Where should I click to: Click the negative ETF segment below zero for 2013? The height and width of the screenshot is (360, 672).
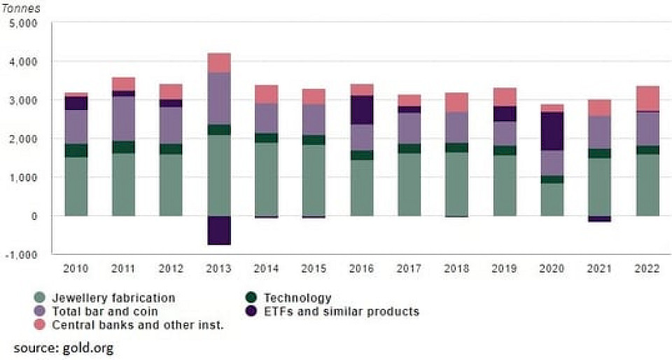[218, 230]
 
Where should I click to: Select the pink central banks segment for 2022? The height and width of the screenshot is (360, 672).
[647, 98]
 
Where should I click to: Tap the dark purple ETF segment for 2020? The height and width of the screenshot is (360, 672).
[552, 131]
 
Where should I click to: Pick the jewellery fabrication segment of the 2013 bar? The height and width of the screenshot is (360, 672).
[218, 175]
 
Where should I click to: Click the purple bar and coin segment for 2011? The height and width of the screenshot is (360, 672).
[123, 118]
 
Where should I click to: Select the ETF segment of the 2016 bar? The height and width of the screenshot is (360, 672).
[361, 110]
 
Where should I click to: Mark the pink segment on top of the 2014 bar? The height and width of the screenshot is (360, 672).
[266, 95]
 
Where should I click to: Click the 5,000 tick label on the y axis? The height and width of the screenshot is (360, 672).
[25, 23]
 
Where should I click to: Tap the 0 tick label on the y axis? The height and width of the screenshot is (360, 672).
[33, 216]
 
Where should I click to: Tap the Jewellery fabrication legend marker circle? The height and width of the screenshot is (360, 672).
[41, 298]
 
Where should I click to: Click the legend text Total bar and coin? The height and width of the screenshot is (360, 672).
[104, 311]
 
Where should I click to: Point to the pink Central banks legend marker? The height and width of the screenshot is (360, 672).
[41, 324]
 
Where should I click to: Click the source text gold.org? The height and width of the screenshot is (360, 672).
[63, 347]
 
